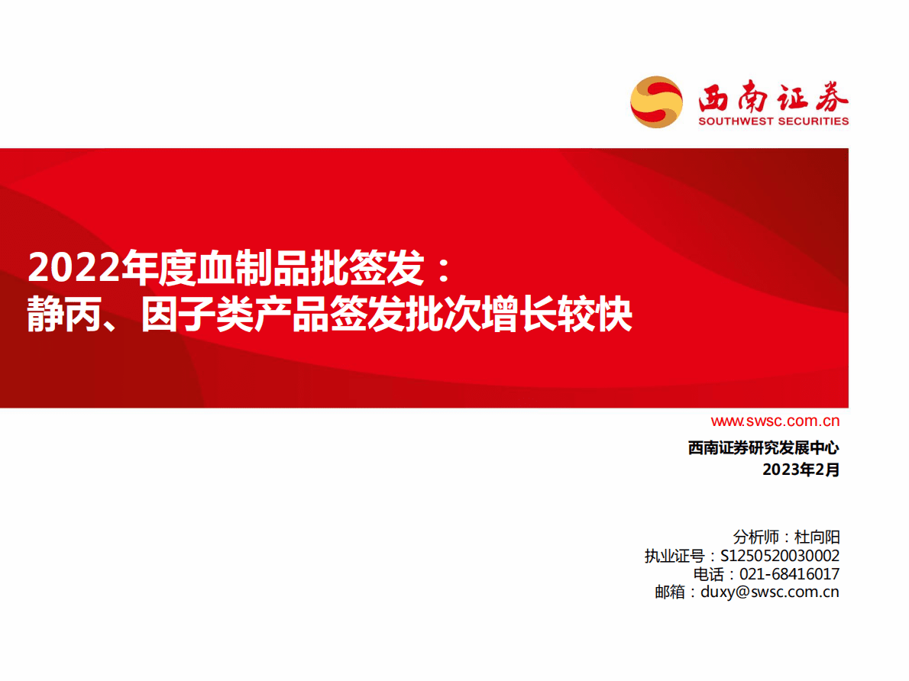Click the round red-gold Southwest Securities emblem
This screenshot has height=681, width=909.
pyautogui.click(x=656, y=102)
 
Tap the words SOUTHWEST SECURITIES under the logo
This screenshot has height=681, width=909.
pyautogui.click(x=773, y=121)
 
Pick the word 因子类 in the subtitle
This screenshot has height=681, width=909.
pyautogui.click(x=199, y=315)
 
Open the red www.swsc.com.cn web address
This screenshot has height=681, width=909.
pyautogui.click(x=775, y=421)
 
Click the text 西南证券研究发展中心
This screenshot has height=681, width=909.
pyautogui.click(x=763, y=448)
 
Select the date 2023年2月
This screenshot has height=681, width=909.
pyautogui.click(x=801, y=470)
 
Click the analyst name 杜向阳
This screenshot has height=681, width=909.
pyautogui.click(x=817, y=537)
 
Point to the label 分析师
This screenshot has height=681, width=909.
pyautogui.click(x=755, y=537)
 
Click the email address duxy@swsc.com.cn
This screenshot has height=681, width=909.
pyautogui.click(x=769, y=592)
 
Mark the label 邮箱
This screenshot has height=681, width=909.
pyautogui.click(x=670, y=592)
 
